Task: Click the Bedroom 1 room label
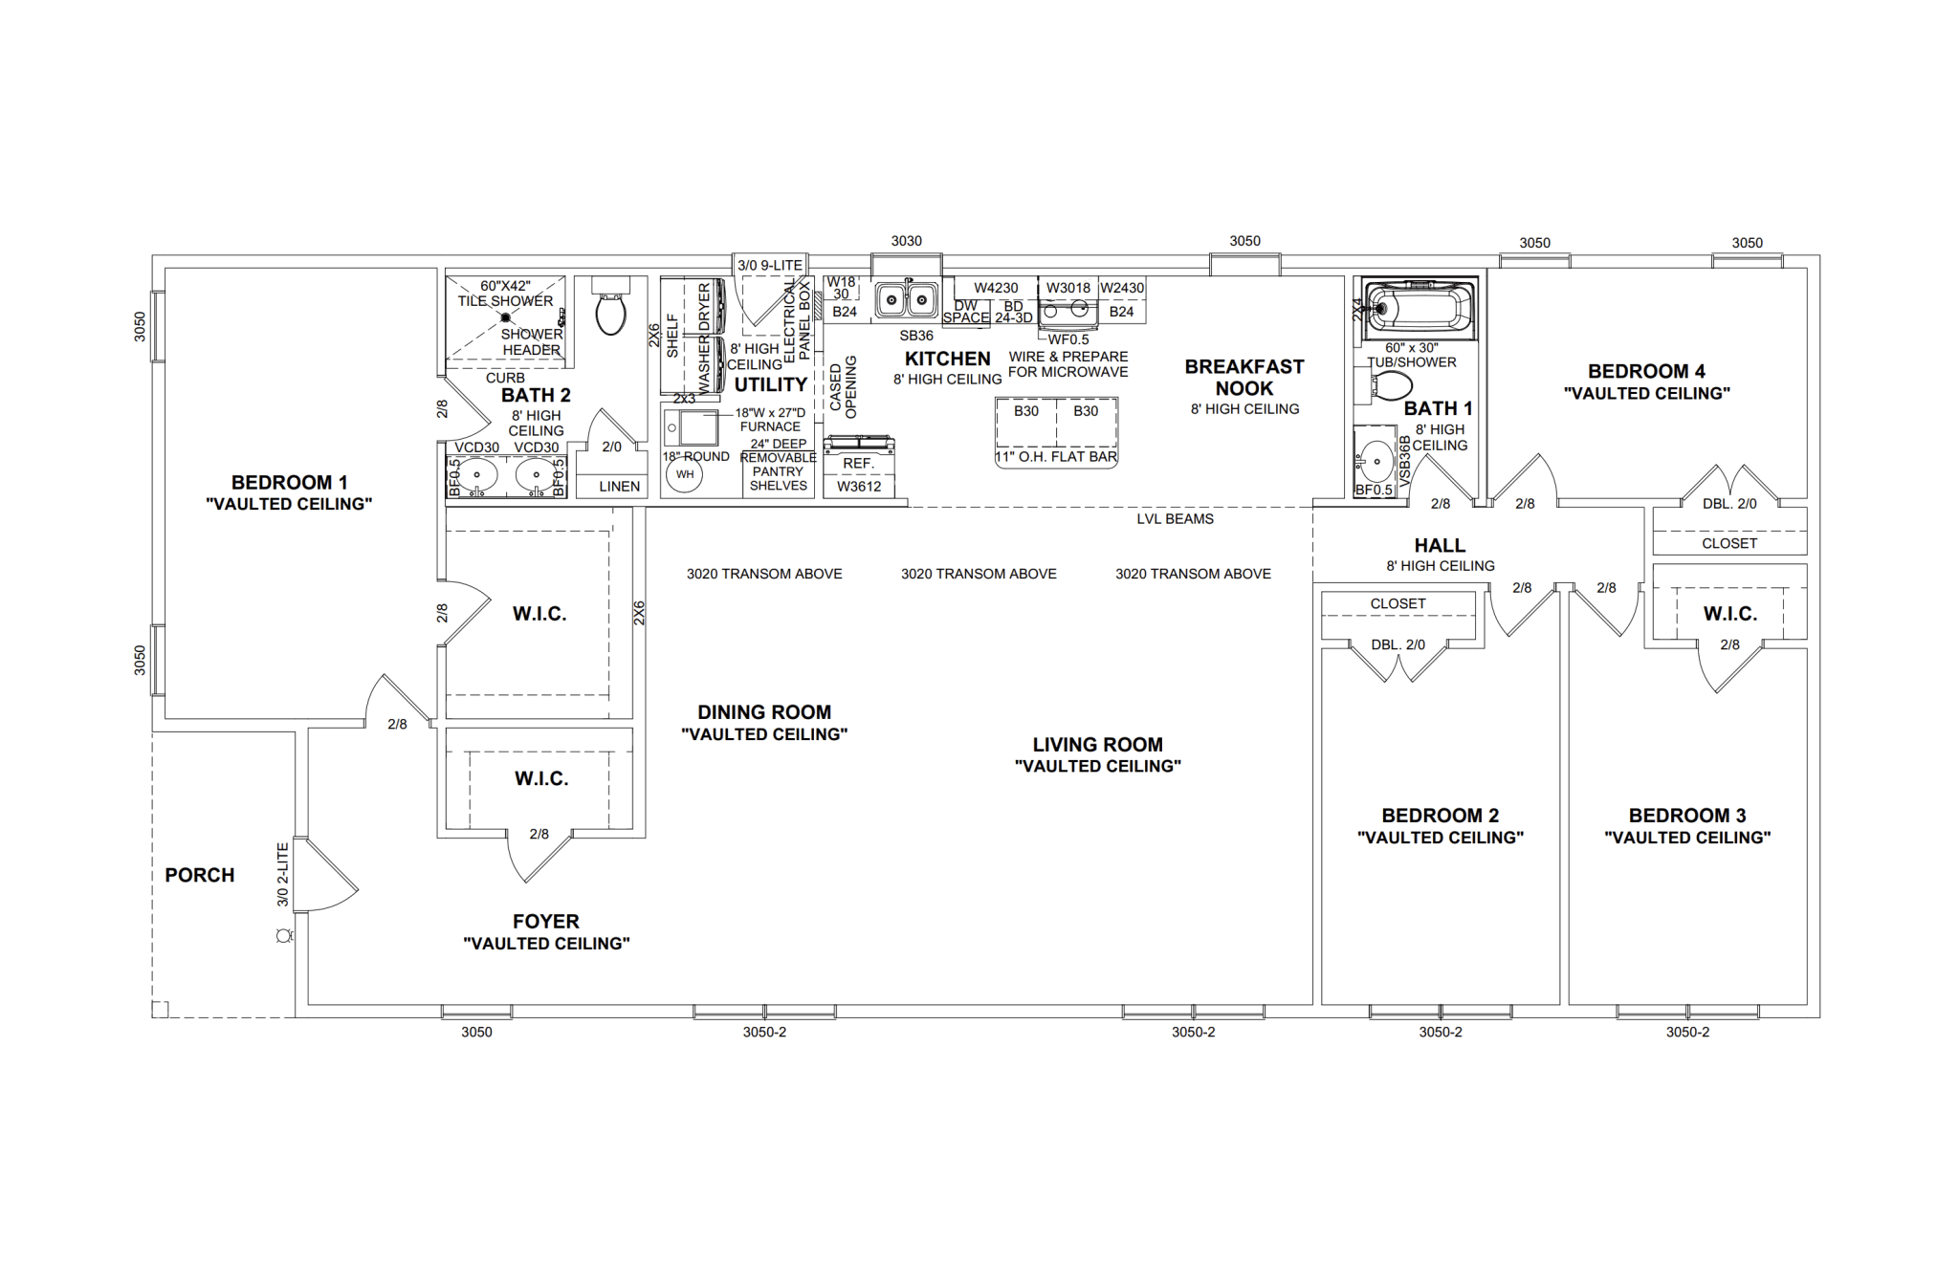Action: click(x=289, y=483)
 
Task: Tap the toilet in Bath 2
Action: click(x=610, y=308)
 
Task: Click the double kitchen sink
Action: click(x=905, y=301)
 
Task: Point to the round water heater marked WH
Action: click(x=685, y=474)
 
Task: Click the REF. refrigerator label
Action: click(x=858, y=464)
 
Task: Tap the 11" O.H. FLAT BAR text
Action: click(x=1056, y=457)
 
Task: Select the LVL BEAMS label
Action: click(x=1175, y=519)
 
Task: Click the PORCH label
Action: click(x=199, y=875)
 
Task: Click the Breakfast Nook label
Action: click(x=1244, y=378)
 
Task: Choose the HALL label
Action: click(x=1440, y=545)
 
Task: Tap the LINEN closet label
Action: click(x=619, y=487)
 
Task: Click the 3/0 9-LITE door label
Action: click(x=769, y=266)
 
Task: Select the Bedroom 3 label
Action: click(x=1687, y=816)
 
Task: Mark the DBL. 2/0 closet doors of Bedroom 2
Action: click(x=1398, y=660)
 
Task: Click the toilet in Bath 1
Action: click(x=1392, y=386)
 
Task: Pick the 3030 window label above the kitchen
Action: click(x=906, y=241)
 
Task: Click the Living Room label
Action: click(x=1097, y=745)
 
